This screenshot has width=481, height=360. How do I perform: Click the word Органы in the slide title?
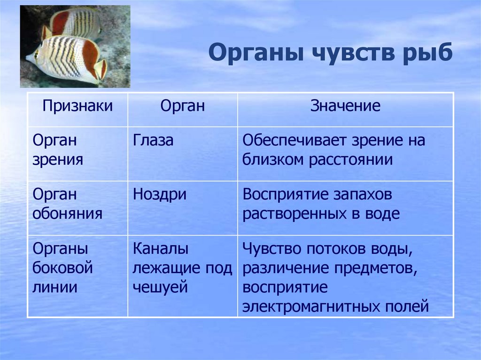pyautogui.click(x=257, y=53)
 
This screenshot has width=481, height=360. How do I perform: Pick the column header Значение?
pyautogui.click(x=345, y=106)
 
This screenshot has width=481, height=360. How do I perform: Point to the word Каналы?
pyautogui.click(x=161, y=249)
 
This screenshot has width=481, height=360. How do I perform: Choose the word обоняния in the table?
pyautogui.click(x=67, y=214)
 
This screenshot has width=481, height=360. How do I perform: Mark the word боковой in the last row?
pyautogui.click(x=62, y=267)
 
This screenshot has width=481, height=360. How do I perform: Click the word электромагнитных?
pyautogui.click(x=311, y=306)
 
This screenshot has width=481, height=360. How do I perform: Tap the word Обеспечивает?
pyautogui.click(x=295, y=141)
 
